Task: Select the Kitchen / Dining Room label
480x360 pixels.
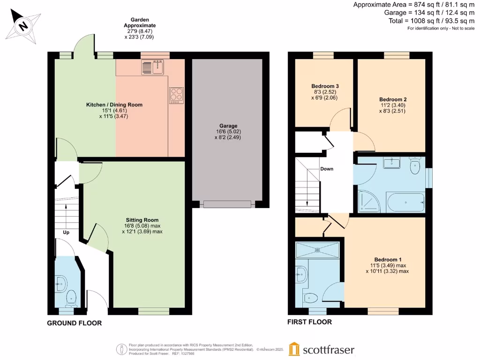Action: (x=114, y=105)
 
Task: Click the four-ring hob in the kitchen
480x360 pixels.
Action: (x=177, y=95)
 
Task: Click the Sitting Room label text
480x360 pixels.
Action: (x=142, y=219)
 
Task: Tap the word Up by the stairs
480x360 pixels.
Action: (x=66, y=232)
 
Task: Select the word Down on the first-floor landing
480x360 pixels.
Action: (x=327, y=169)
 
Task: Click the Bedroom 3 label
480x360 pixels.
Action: (x=325, y=86)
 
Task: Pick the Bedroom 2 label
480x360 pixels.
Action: (x=392, y=99)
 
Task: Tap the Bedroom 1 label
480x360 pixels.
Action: (x=388, y=260)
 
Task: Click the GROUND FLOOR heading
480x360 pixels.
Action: (x=74, y=323)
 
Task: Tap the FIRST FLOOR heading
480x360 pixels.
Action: (x=310, y=322)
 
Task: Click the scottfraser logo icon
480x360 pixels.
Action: (x=294, y=349)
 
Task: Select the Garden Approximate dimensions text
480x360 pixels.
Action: (x=139, y=28)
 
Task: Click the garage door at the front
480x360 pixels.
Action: (x=227, y=204)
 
